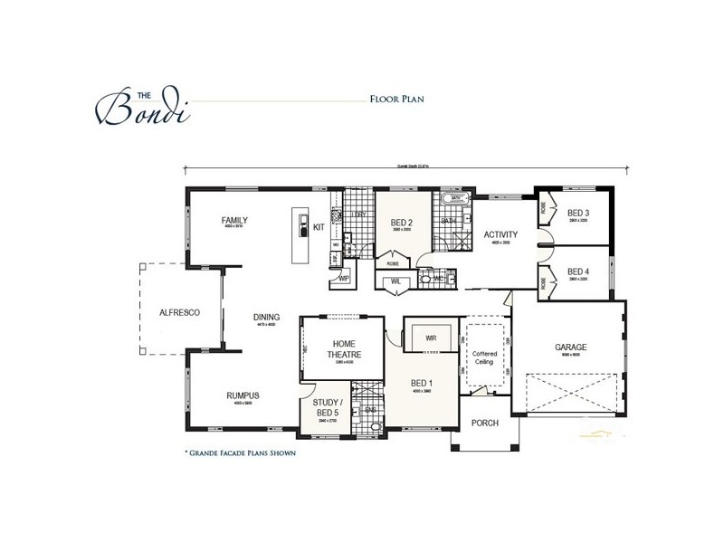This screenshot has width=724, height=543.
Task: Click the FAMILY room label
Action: [x=234, y=220]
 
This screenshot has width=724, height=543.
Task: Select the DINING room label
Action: [x=266, y=317]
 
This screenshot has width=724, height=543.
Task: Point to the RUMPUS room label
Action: [x=243, y=395]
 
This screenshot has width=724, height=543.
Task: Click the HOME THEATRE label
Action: [x=344, y=349]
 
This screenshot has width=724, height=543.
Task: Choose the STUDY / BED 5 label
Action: [x=327, y=406]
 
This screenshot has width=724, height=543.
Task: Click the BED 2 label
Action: [x=402, y=222]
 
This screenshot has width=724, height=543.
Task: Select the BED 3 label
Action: [x=578, y=214]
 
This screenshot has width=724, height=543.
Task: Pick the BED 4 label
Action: [x=578, y=271]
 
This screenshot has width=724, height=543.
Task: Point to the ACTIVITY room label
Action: [x=500, y=233]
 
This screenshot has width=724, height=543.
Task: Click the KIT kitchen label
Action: [x=319, y=228]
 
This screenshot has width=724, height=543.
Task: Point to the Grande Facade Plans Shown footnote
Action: [x=241, y=451]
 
